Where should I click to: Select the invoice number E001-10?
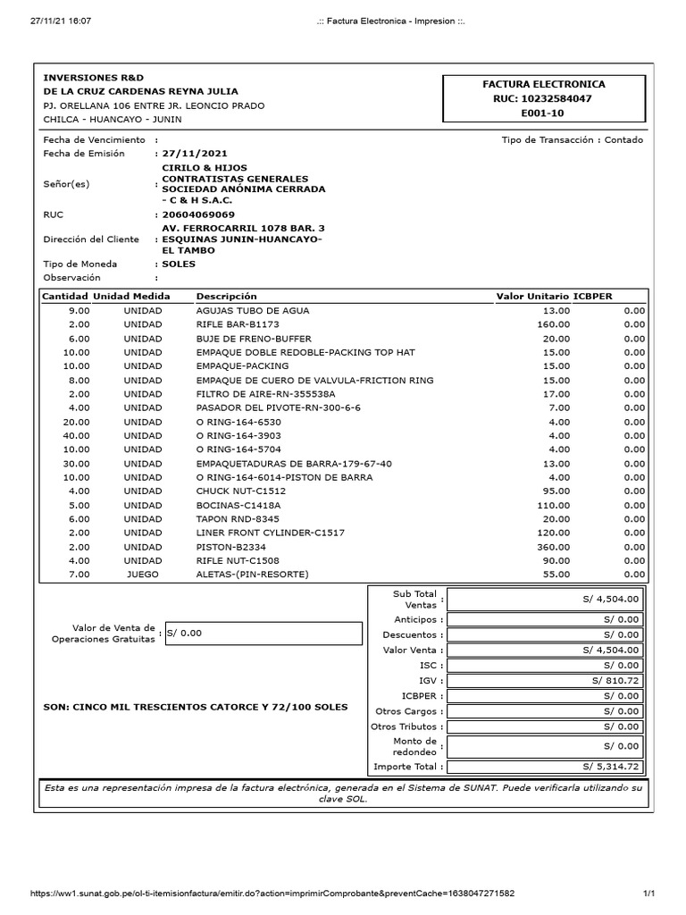coord(543,114)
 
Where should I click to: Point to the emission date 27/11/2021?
coord(191,154)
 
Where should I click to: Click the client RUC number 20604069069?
coord(197,214)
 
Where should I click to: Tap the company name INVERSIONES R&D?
coord(93,78)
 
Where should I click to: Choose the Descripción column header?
coord(226,296)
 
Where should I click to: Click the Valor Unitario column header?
coord(532,296)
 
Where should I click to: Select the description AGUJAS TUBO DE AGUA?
coord(252,310)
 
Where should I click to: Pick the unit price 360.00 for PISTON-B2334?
coord(553,546)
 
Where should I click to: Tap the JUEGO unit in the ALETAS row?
coord(143,575)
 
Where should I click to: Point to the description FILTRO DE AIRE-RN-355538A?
coord(265,394)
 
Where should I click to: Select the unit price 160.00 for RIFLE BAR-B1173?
coord(553,324)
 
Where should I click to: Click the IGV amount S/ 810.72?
coord(615,681)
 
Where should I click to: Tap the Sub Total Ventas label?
coord(413,600)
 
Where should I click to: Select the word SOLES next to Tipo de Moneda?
coord(179,264)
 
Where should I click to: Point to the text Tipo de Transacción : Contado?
coord(572,139)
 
